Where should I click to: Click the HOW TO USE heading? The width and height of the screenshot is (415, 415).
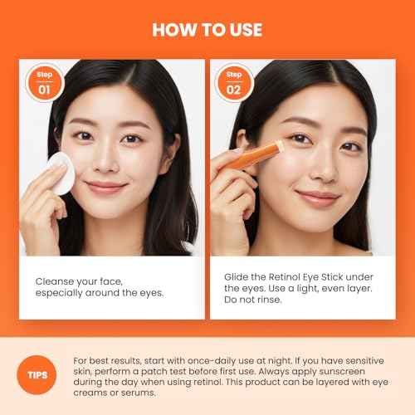click(207, 30)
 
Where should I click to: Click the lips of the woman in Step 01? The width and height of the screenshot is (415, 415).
click(107, 186)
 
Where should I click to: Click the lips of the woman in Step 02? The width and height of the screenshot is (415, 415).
click(318, 196)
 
